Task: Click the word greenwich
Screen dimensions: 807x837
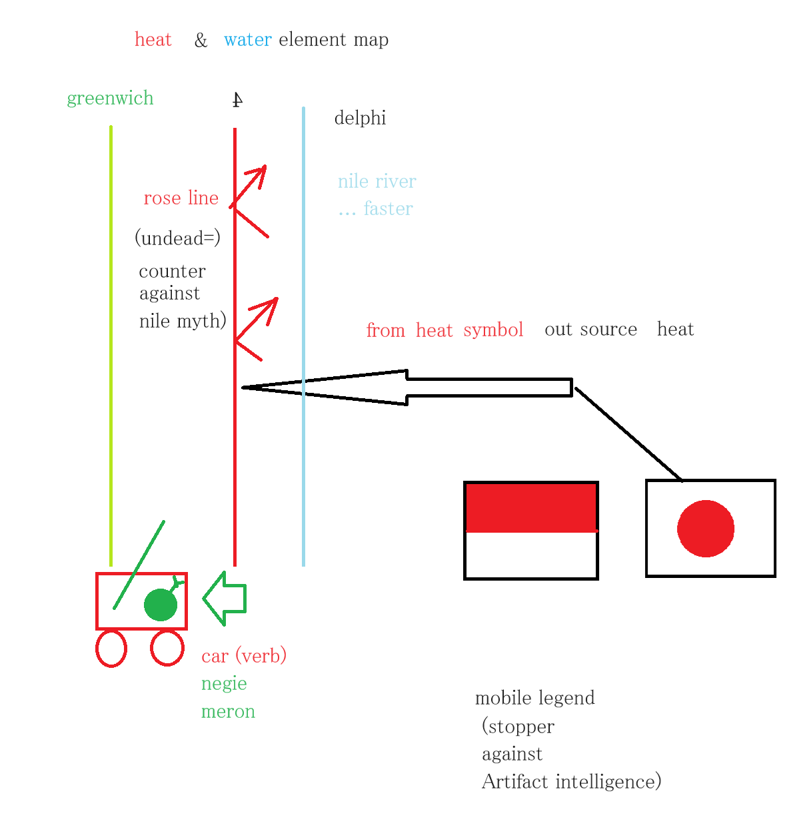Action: pyautogui.click(x=110, y=99)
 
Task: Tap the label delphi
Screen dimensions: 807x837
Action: pyautogui.click(x=360, y=118)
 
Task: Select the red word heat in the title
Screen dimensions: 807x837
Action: pyautogui.click(x=153, y=39)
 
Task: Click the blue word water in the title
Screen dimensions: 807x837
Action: pyautogui.click(x=247, y=39)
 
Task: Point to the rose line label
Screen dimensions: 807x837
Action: pyautogui.click(x=181, y=198)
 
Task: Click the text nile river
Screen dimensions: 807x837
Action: pyautogui.click(x=377, y=181)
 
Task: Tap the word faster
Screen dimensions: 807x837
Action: pyautogui.click(x=388, y=208)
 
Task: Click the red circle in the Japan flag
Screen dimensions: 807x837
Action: pyautogui.click(x=705, y=528)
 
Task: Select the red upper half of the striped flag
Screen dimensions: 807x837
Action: pyautogui.click(x=531, y=507)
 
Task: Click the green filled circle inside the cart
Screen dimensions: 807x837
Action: pyautogui.click(x=161, y=605)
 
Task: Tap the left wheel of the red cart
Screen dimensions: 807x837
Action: pyautogui.click(x=111, y=648)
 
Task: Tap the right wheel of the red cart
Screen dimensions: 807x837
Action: pyautogui.click(x=167, y=647)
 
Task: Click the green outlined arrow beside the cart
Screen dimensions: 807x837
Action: pyautogui.click(x=224, y=599)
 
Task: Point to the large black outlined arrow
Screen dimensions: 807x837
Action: pyautogui.click(x=407, y=387)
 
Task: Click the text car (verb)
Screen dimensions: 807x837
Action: pyautogui.click(x=244, y=656)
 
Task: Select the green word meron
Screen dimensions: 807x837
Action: pyautogui.click(x=228, y=711)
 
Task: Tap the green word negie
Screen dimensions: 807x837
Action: pyautogui.click(x=224, y=684)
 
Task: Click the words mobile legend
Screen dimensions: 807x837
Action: pyautogui.click(x=534, y=698)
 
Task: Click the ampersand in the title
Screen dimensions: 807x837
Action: pyautogui.click(x=201, y=41)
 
